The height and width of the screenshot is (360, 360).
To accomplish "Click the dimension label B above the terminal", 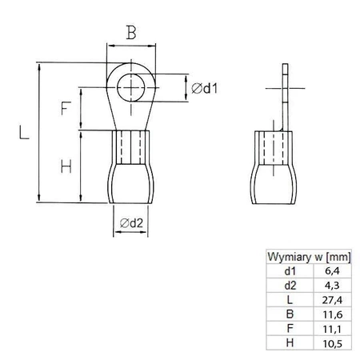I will pyautogui.click(x=130, y=33).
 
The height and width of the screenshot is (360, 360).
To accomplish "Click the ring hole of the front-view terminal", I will pyautogui.click(x=130, y=87).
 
